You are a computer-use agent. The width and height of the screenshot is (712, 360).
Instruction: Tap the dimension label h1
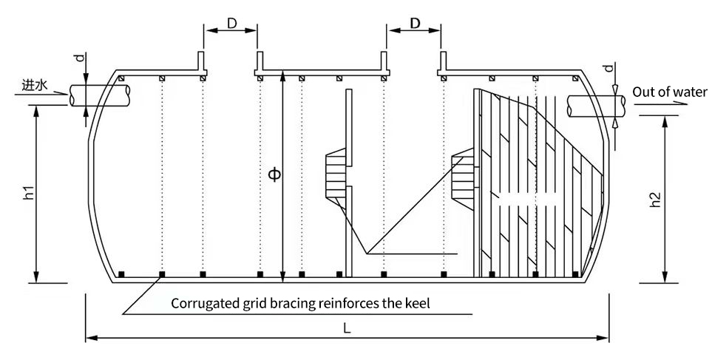coord(30,194)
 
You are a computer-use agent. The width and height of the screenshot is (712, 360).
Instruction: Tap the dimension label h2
coord(654,200)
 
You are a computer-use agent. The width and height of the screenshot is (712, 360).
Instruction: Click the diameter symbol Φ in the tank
coord(274,175)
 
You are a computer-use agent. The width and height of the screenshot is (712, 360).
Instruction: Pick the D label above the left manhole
coord(231,24)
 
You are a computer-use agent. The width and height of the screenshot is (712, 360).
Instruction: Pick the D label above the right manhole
coord(414,24)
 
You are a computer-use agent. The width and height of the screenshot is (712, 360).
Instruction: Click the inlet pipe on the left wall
coord(100,95)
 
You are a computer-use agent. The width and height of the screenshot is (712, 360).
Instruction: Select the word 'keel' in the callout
coord(417,303)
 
